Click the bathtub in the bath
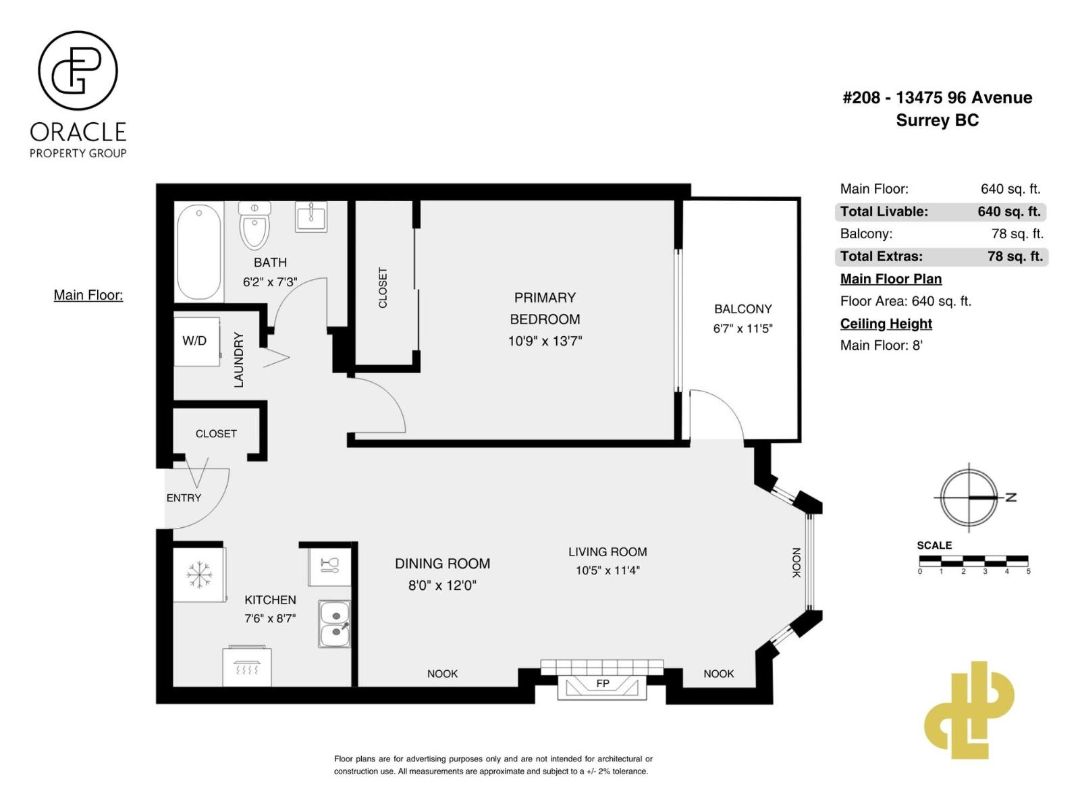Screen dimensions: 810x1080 click(x=199, y=251)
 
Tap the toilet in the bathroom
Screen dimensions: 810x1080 click(x=254, y=226)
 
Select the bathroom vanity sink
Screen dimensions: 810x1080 click(x=311, y=217)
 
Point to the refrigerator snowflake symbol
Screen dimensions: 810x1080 click(x=199, y=574)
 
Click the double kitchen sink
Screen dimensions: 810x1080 click(x=335, y=624)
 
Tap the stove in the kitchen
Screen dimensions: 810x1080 click(x=247, y=667)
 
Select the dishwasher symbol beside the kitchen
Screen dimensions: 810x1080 click(x=329, y=564)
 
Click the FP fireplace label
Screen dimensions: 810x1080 click(x=603, y=684)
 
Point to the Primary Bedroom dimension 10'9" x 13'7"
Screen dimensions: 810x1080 click(x=545, y=341)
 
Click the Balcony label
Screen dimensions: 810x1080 click(x=742, y=309)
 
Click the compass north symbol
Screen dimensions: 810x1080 click(x=969, y=497)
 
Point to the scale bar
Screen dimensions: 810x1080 click(x=973, y=561)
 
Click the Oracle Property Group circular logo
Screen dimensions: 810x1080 click(x=78, y=71)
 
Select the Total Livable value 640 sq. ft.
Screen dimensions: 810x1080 click(x=1008, y=211)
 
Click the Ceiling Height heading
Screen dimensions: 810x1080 click(x=886, y=323)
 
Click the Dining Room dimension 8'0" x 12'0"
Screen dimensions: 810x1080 click(x=442, y=585)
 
